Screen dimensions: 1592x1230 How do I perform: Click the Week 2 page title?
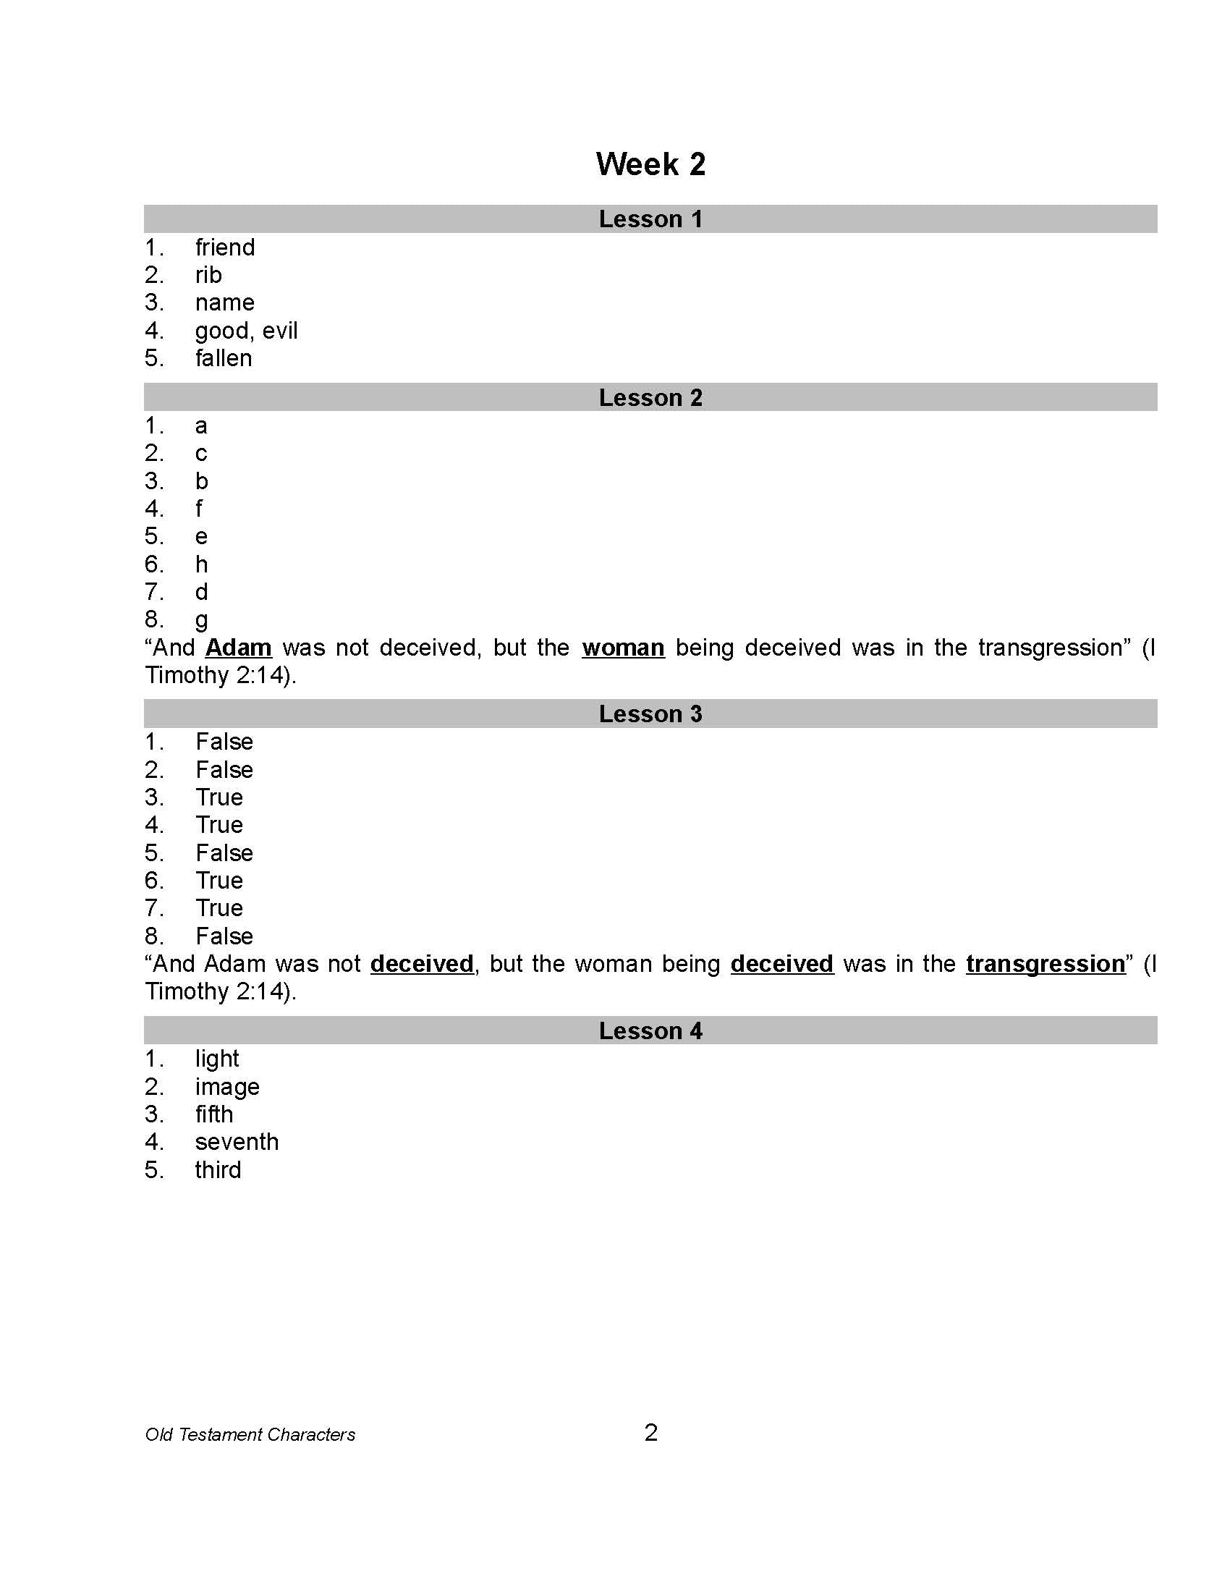tap(650, 164)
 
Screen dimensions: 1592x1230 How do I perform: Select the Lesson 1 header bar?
tap(650, 219)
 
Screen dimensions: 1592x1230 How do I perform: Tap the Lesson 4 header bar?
tap(650, 1030)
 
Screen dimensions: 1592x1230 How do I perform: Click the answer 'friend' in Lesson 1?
tap(224, 247)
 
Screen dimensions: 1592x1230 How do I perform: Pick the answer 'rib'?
tap(208, 276)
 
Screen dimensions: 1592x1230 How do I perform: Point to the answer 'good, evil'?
tap(246, 331)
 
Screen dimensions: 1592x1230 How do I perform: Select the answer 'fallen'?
tap(223, 359)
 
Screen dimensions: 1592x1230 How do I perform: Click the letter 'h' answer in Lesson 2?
tap(201, 564)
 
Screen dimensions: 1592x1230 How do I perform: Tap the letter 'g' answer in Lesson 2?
tap(201, 620)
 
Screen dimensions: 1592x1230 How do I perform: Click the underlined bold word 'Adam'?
tap(238, 648)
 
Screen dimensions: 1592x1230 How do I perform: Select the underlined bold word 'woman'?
tap(623, 648)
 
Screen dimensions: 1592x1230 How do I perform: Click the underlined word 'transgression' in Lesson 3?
tap(1045, 964)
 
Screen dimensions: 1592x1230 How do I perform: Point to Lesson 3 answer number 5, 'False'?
tap(224, 853)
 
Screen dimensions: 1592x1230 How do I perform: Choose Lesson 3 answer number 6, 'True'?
tap(219, 881)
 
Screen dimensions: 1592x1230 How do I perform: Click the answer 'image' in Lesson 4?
tap(226, 1087)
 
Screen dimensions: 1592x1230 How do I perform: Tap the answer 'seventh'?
tap(237, 1142)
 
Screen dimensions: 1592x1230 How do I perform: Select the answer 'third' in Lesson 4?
tap(218, 1170)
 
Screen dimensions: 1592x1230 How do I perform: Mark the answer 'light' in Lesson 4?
tap(216, 1059)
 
